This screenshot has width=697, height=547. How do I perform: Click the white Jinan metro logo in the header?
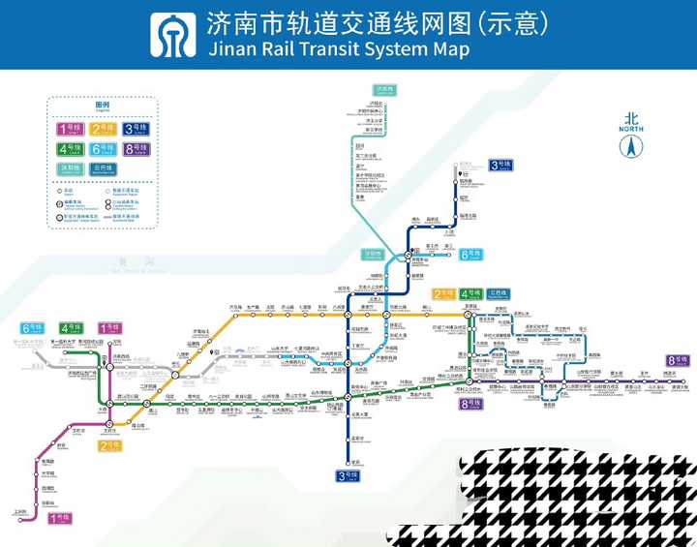[x=172, y=36]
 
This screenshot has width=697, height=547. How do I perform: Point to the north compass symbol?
[x=631, y=147]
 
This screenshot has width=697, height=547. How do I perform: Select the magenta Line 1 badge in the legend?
[x=71, y=129]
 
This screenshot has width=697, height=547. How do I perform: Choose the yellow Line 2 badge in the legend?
[x=103, y=129]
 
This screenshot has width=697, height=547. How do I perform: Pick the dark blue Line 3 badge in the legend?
[x=135, y=129]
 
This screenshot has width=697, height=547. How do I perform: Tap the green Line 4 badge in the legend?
[x=71, y=149]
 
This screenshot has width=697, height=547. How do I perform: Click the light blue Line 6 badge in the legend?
[x=103, y=149]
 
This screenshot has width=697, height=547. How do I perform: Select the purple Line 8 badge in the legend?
[x=135, y=149]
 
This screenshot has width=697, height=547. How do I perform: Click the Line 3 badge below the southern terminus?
[x=348, y=475]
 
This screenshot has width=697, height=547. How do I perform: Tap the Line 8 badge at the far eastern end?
[x=677, y=361]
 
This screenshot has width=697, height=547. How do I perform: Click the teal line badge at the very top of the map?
[x=385, y=88]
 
